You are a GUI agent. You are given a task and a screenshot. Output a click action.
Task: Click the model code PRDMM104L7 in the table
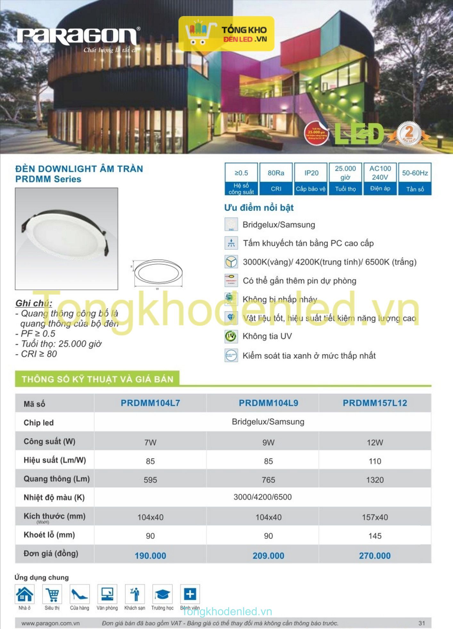[x=150, y=403]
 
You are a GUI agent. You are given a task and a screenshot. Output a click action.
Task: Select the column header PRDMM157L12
[x=375, y=403]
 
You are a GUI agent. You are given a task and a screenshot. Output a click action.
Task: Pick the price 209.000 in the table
[x=268, y=556]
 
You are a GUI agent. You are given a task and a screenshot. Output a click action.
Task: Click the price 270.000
[x=375, y=556]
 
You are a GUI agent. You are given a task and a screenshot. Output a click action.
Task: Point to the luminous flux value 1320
[x=375, y=480]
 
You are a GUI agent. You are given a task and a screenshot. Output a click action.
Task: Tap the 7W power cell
[x=150, y=443]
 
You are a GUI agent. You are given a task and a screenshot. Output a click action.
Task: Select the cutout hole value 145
[x=375, y=536]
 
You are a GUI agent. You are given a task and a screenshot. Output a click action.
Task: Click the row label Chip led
[x=38, y=423]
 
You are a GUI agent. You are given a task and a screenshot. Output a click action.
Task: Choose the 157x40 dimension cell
[x=375, y=517]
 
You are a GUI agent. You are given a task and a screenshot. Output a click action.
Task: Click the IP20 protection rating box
[x=311, y=179]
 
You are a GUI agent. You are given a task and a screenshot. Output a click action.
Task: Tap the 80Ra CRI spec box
[x=276, y=179]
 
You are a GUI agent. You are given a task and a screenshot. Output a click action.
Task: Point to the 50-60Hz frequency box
[x=415, y=179]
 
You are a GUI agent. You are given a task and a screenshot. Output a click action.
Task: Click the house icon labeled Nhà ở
[x=25, y=594]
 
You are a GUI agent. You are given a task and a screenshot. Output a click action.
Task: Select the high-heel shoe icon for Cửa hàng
[x=79, y=594]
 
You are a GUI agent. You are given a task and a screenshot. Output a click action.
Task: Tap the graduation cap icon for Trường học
[x=162, y=594]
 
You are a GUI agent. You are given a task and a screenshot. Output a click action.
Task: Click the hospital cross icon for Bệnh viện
[x=190, y=594]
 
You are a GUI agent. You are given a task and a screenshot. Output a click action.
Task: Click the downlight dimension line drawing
[x=158, y=274]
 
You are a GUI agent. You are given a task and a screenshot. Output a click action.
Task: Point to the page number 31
[x=422, y=623]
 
